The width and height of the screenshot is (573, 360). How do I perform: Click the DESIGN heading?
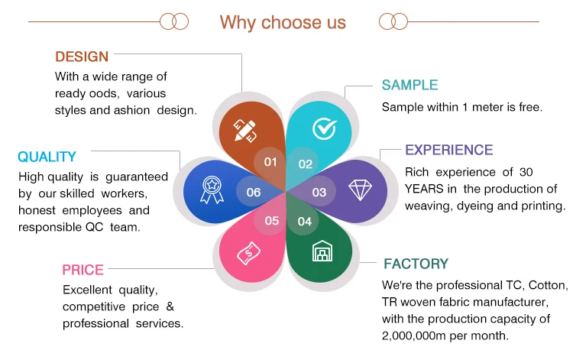point(82,57)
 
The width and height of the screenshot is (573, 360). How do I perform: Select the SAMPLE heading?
point(410,85)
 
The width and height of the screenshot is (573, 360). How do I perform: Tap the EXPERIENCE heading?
point(448,150)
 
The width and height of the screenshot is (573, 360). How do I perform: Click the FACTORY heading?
point(416,264)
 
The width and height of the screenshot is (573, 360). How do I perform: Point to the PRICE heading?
point(83,270)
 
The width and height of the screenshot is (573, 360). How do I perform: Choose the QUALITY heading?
point(47,157)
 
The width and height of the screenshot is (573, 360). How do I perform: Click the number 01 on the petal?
point(270,162)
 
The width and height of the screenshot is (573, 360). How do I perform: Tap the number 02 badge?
point(305,164)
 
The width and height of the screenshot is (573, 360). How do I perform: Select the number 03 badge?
point(319,192)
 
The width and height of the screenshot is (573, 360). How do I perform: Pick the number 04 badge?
point(304,221)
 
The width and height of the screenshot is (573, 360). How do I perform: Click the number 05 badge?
point(271,221)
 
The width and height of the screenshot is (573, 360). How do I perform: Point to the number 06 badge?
point(253,192)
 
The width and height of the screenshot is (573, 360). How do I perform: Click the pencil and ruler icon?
point(244,131)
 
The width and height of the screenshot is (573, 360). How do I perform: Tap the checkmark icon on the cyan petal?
point(325,128)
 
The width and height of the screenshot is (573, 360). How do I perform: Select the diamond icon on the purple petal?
point(360,190)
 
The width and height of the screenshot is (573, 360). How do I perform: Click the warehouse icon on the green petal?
point(322,251)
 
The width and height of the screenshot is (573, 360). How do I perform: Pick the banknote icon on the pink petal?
point(248,253)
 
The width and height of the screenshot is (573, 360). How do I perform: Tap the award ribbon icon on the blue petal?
point(212,190)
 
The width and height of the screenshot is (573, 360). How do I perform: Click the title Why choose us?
point(283,22)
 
